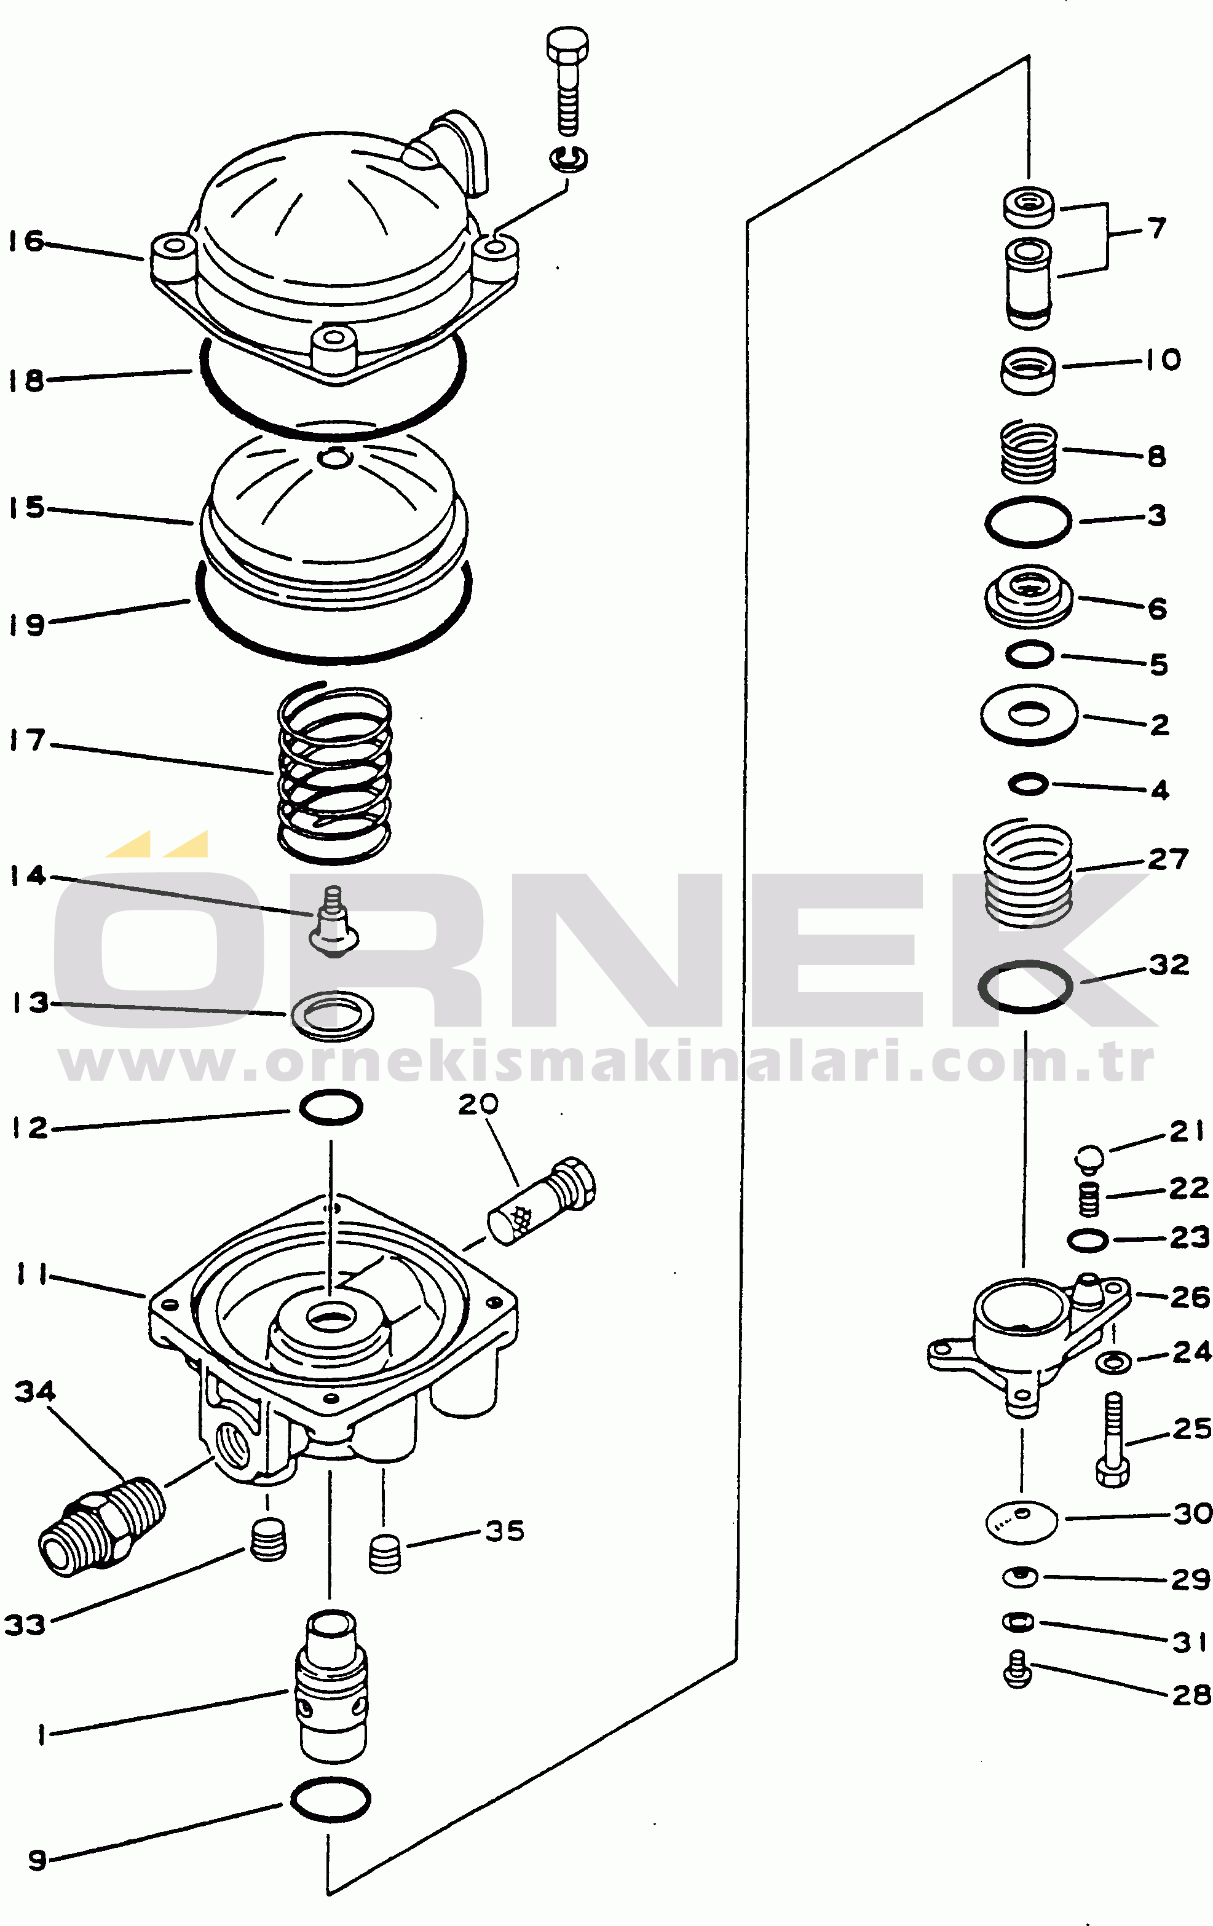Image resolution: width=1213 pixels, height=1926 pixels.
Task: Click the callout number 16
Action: pyautogui.click(x=26, y=241)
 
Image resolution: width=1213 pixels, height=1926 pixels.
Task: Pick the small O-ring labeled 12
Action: pyautogui.click(x=331, y=1107)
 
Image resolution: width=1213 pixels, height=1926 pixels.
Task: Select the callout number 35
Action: pyautogui.click(x=505, y=1531)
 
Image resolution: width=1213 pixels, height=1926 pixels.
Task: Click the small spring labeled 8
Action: pyautogui.click(x=1029, y=452)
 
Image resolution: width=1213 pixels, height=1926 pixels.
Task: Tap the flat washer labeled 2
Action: pyautogui.click(x=1029, y=714)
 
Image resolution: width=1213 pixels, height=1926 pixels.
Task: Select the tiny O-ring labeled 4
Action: pyautogui.click(x=1028, y=784)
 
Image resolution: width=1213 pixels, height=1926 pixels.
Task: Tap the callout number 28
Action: pyautogui.click(x=1191, y=1695)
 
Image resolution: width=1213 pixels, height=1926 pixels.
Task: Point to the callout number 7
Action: pyautogui.click(x=1157, y=229)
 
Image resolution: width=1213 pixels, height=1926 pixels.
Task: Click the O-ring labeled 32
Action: pyautogui.click(x=1025, y=986)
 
